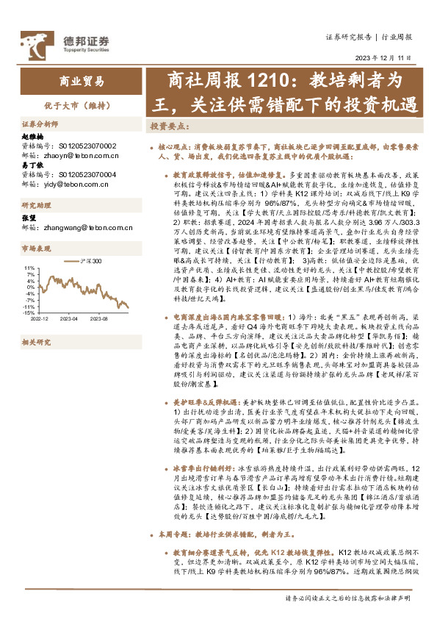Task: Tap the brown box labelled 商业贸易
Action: click(x=81, y=82)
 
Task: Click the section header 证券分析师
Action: click(x=39, y=124)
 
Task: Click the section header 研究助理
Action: click(x=34, y=204)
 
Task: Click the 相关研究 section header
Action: click(x=34, y=343)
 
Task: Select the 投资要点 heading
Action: click(x=165, y=126)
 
